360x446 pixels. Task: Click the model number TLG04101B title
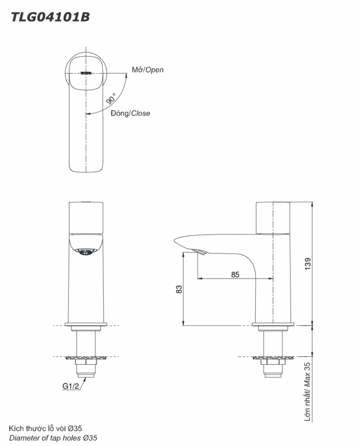click(x=51, y=17)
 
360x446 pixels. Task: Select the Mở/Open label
click(x=148, y=70)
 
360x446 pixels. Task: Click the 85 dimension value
click(x=235, y=274)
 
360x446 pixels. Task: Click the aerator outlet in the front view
click(x=86, y=251)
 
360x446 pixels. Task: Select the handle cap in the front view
click(x=86, y=218)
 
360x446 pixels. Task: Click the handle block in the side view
click(x=273, y=218)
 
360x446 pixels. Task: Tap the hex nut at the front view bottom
click(x=86, y=368)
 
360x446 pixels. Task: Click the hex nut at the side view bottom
click(x=273, y=368)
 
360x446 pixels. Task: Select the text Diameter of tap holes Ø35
click(x=53, y=438)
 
